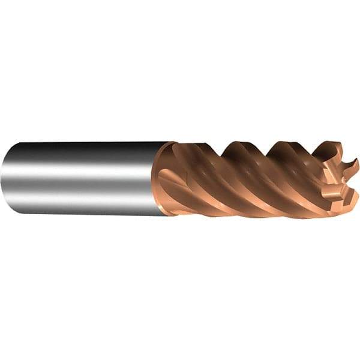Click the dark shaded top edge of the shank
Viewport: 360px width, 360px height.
click(x=84, y=146)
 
